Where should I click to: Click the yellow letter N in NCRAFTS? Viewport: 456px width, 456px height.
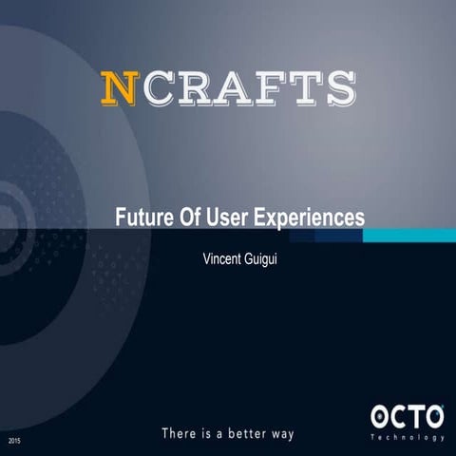pos(118,87)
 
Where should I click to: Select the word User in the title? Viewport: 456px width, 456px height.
pos(227,217)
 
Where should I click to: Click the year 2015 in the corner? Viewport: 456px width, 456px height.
pos(14,442)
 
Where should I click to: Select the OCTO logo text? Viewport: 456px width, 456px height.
pos(407,417)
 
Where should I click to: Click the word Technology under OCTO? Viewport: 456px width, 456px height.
pos(407,438)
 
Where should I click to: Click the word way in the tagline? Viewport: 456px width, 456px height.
pos(282,433)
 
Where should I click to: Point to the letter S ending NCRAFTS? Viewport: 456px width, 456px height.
pos(338,87)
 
